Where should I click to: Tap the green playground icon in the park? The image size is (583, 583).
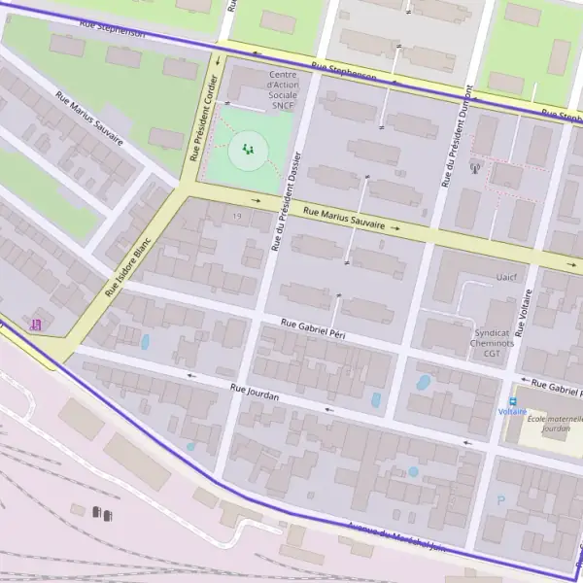[248, 150]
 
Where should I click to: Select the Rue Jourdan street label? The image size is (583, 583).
[255, 393]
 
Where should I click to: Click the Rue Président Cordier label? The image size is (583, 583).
[203, 118]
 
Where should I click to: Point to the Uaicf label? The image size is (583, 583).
[506, 277]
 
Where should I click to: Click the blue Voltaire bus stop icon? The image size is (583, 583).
[512, 400]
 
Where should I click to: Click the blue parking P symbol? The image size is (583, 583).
[501, 500]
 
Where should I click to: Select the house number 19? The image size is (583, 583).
[236, 215]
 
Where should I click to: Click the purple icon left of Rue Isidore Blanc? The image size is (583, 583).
[37, 324]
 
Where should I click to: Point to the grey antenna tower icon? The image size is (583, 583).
[474, 167]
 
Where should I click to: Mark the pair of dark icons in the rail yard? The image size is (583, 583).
[101, 512]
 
